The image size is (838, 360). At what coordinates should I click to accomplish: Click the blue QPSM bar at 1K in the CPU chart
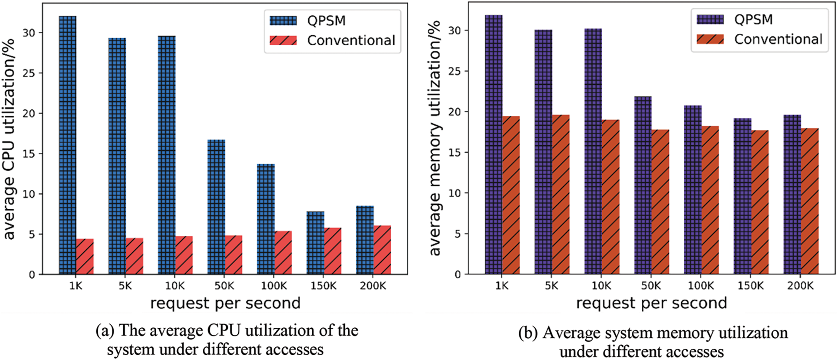(68, 145)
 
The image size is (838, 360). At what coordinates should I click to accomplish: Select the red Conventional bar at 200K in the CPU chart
(382, 250)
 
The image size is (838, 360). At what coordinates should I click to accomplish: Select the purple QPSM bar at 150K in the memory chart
(742, 196)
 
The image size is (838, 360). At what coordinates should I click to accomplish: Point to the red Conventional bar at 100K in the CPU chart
(283, 253)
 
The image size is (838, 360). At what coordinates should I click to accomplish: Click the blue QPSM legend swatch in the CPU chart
(283, 20)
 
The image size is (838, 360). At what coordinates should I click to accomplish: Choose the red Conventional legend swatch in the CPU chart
(283, 40)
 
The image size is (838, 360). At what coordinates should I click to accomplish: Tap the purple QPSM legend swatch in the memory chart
(710, 20)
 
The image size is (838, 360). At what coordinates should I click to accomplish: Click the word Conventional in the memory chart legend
(778, 40)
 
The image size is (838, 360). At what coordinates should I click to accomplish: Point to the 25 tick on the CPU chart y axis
(30, 73)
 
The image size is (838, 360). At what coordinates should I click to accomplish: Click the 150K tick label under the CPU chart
(323, 286)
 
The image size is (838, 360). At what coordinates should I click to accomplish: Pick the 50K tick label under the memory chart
(651, 286)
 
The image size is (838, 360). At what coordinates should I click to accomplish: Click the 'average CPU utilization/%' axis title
(10, 139)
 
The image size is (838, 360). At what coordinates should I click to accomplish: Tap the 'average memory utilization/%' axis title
(435, 138)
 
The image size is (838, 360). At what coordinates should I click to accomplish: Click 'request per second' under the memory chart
(651, 303)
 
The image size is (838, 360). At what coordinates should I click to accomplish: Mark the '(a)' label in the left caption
(105, 331)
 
